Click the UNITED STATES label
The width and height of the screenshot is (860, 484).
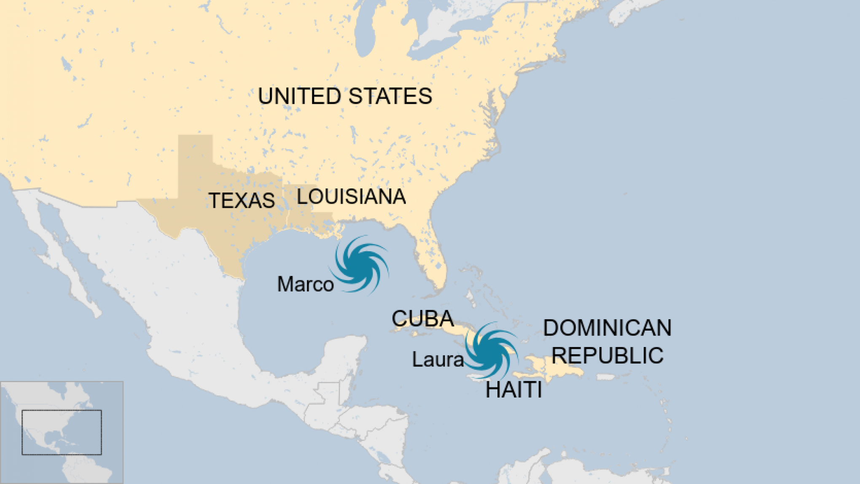345,96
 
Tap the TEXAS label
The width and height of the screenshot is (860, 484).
242,200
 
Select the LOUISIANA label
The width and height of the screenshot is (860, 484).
351,197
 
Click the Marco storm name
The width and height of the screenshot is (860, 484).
305,284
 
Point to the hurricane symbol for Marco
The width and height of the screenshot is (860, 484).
361,264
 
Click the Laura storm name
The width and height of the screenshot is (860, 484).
438,360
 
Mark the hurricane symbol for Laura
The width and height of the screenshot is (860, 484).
492,350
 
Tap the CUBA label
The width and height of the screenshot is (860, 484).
422,319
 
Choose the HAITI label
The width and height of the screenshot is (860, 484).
513,390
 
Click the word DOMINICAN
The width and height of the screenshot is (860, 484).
607,328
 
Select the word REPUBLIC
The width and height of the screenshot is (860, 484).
607,355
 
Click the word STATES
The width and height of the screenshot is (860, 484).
390,96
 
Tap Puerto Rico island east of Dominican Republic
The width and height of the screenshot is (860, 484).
606,377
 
